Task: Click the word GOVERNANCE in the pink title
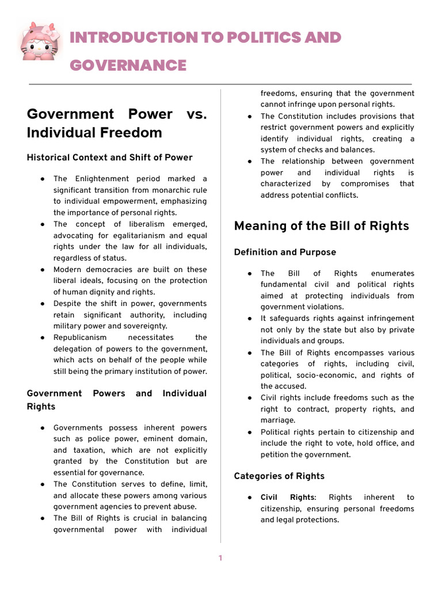pyautogui.click(x=128, y=66)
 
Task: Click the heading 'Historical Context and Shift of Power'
pyautogui.click(x=110, y=158)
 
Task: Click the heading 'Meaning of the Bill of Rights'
pyautogui.click(x=321, y=226)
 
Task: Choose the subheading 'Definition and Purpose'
pyautogui.click(x=285, y=253)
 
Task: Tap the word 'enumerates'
pyautogui.click(x=393, y=273)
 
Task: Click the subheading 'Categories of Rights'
pyautogui.click(x=279, y=476)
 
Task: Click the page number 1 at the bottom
pyautogui.click(x=220, y=558)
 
